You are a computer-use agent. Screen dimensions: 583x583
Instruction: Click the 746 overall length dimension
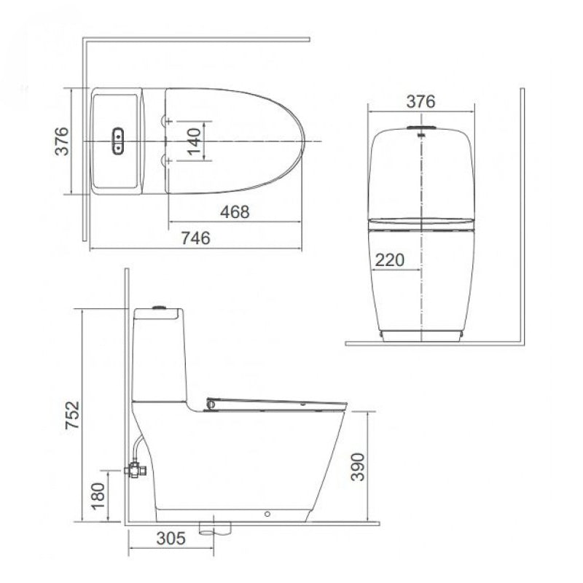click(195, 238)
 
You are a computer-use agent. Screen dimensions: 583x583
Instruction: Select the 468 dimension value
click(235, 211)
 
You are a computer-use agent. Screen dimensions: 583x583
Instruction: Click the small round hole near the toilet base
click(267, 514)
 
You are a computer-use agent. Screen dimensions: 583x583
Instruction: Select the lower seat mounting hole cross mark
click(168, 158)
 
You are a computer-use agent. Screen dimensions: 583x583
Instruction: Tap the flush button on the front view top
click(420, 131)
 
